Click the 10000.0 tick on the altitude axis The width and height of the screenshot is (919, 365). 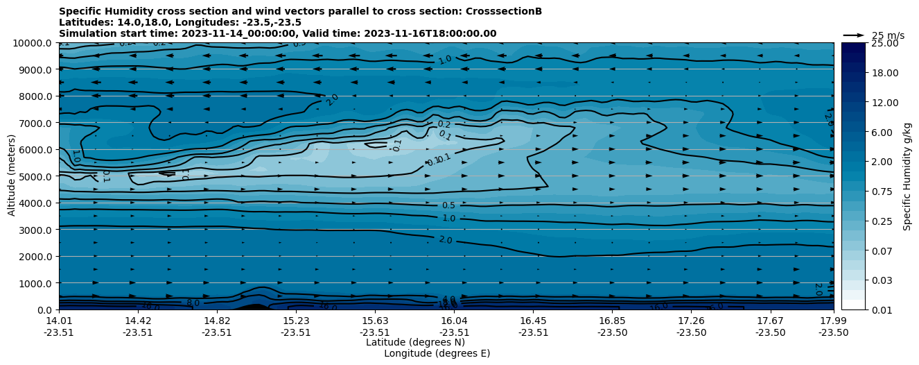tap(35, 43)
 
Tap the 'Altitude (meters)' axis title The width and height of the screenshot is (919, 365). tap(12, 176)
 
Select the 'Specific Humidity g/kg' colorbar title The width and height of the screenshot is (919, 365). tap(907, 176)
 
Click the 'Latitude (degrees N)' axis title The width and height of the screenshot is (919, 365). tap(415, 342)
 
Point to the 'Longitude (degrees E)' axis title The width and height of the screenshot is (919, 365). tap(437, 353)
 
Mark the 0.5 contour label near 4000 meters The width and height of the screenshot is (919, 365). tap(448, 205)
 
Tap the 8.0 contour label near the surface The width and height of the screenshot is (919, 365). tap(193, 303)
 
